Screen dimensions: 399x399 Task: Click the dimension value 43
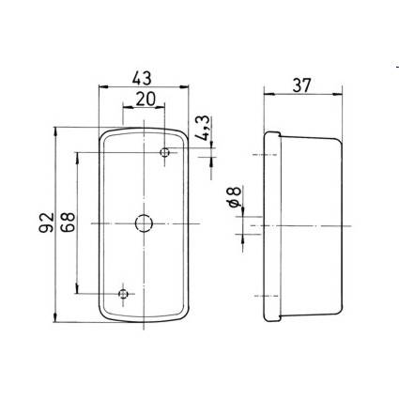pyautogui.click(x=142, y=78)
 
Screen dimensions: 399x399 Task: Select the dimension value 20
pyautogui.click(x=146, y=100)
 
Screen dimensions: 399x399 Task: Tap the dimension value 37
pyautogui.click(x=302, y=85)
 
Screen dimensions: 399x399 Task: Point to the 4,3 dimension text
pyautogui.click(x=204, y=128)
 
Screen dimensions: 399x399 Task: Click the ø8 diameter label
pyautogui.click(x=235, y=196)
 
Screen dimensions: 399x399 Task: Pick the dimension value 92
pyautogui.click(x=46, y=223)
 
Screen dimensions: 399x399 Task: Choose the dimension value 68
pyautogui.click(x=68, y=222)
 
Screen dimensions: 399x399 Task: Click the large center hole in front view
pyautogui.click(x=144, y=223)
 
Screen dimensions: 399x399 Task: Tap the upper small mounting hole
pyautogui.click(x=164, y=152)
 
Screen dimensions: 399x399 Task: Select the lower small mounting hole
pyautogui.click(x=123, y=294)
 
